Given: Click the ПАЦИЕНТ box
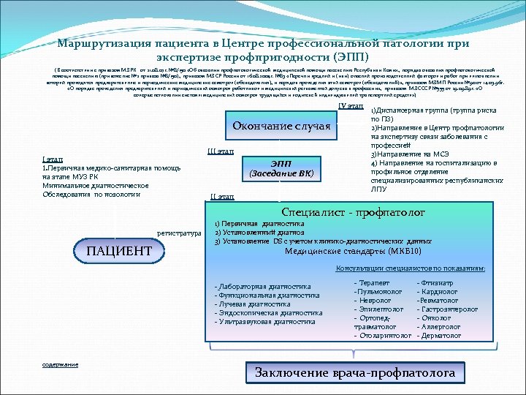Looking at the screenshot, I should pyautogui.click(x=120, y=252).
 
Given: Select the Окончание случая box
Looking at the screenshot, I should pyautogui.click(x=281, y=126).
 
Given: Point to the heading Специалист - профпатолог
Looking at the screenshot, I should pyautogui.click(x=353, y=212).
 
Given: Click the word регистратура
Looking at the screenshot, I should pyautogui.click(x=179, y=233).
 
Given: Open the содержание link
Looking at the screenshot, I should pyautogui.click(x=61, y=364).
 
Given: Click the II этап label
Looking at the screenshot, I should pyautogui.click(x=221, y=197).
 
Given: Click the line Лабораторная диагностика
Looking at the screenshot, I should pyautogui.click(x=263, y=286).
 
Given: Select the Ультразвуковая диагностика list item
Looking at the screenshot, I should pyautogui.click(x=265, y=321).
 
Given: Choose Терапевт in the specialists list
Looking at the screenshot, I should pyautogui.click(x=373, y=282).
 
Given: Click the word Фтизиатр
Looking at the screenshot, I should pyautogui.click(x=436, y=282).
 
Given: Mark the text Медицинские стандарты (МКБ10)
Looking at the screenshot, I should pyautogui.click(x=352, y=251).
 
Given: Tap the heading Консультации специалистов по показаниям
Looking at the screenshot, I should pyautogui.click(x=410, y=269).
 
